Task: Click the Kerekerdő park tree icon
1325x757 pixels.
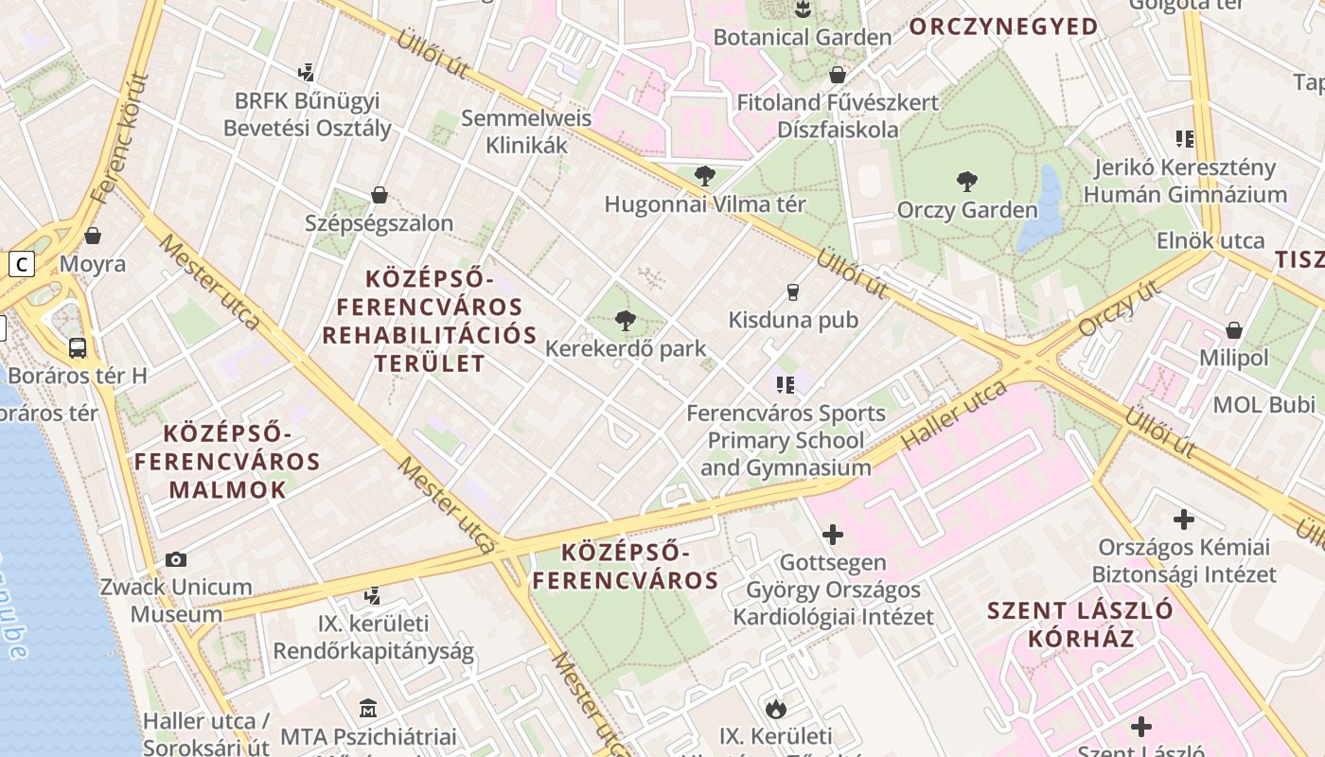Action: [x=625, y=321]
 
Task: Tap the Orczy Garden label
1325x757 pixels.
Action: [x=966, y=209]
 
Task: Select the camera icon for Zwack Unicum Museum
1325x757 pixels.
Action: [x=175, y=559]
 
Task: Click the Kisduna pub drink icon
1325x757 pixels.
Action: [x=793, y=292]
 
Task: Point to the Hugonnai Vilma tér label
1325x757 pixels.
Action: [x=704, y=204]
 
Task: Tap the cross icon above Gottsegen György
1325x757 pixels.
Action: [x=832, y=535]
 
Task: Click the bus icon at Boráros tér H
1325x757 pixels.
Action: [x=78, y=348]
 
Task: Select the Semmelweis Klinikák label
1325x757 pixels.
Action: [x=526, y=132]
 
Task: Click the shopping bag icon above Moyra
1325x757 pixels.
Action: [x=93, y=236]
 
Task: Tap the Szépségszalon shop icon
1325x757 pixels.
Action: [x=380, y=195]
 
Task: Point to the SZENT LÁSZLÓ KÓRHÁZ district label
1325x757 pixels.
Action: [x=1080, y=624]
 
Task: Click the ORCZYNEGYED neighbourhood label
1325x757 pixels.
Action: [x=1003, y=26]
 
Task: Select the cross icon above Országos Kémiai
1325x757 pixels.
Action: [x=1183, y=519]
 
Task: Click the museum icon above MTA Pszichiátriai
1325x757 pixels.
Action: [x=368, y=708]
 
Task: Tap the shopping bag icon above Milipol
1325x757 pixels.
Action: [x=1233, y=330]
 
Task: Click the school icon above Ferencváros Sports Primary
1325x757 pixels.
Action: [x=785, y=384]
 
